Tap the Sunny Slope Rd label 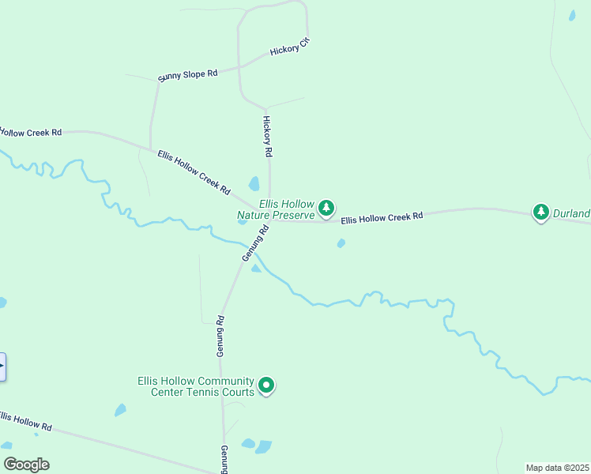click(187, 74)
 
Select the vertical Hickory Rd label click(267, 135)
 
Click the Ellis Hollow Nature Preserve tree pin click(326, 209)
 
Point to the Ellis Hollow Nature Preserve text click(276, 209)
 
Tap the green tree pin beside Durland click(541, 212)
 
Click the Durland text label click(571, 213)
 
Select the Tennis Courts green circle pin click(267, 386)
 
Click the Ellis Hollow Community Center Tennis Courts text click(195, 386)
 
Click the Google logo click(26, 465)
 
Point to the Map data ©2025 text click(558, 468)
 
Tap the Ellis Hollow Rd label click(25, 420)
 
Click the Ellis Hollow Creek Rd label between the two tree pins click(382, 216)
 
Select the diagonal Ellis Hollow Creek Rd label click(194, 172)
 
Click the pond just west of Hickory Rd click(254, 184)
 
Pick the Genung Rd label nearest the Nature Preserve click(256, 243)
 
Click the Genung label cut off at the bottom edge click(224, 458)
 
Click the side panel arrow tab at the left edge click(2, 367)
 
